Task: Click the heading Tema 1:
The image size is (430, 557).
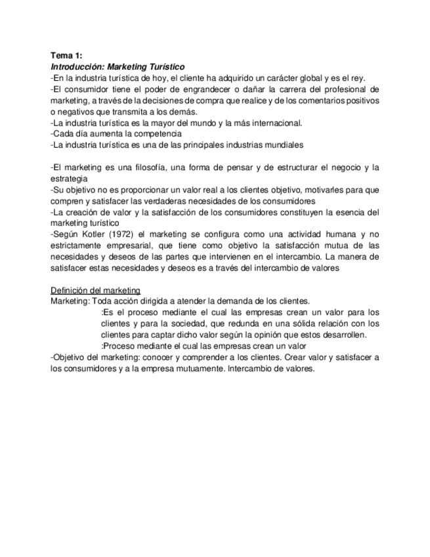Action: click(66, 56)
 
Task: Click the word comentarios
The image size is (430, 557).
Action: click(313, 100)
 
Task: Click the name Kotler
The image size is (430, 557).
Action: click(97, 234)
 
